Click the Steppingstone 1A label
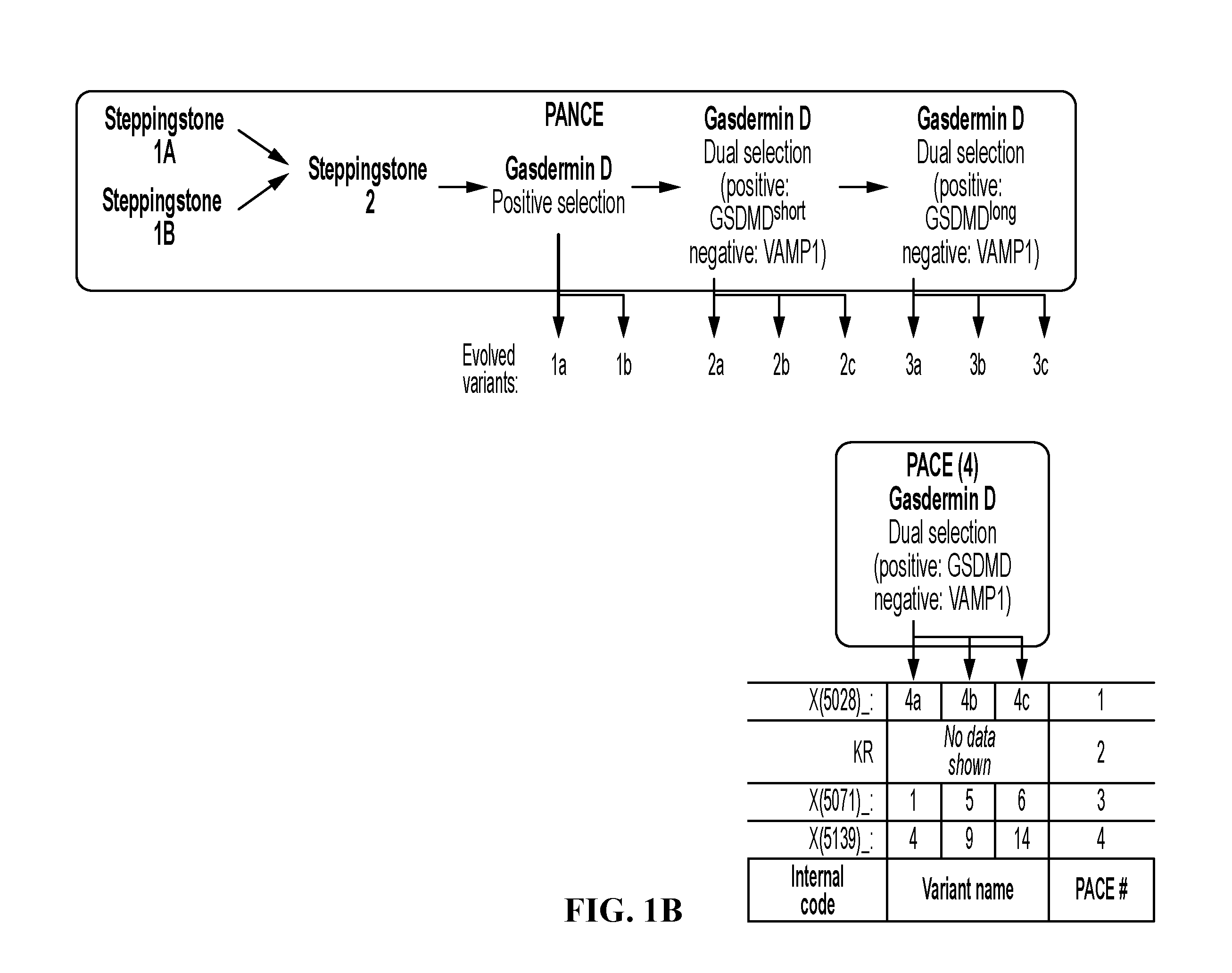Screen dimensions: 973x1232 tap(164, 135)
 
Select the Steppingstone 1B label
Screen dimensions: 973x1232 tap(162, 217)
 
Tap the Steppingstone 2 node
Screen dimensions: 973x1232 tap(367, 185)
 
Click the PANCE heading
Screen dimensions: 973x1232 tap(574, 115)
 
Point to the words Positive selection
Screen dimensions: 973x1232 tap(558, 203)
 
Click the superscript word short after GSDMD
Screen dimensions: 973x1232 tap(789, 212)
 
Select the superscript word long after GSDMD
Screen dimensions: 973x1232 tap(1002, 213)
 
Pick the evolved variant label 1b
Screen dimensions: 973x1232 tap(624, 365)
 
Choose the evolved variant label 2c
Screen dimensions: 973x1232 tap(847, 365)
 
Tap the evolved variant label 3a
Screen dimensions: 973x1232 tap(913, 365)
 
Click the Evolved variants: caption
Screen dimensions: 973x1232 tap(489, 368)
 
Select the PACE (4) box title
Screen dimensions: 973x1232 tap(942, 466)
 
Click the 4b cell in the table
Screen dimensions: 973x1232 tap(969, 701)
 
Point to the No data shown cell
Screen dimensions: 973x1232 tap(969, 751)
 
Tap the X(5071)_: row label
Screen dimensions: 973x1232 tap(840, 801)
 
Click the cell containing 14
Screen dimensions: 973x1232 tap(1022, 839)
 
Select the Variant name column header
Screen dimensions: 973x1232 tap(967, 889)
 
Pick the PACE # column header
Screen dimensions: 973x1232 tap(1101, 889)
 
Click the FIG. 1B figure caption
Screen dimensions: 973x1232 tap(623, 910)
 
